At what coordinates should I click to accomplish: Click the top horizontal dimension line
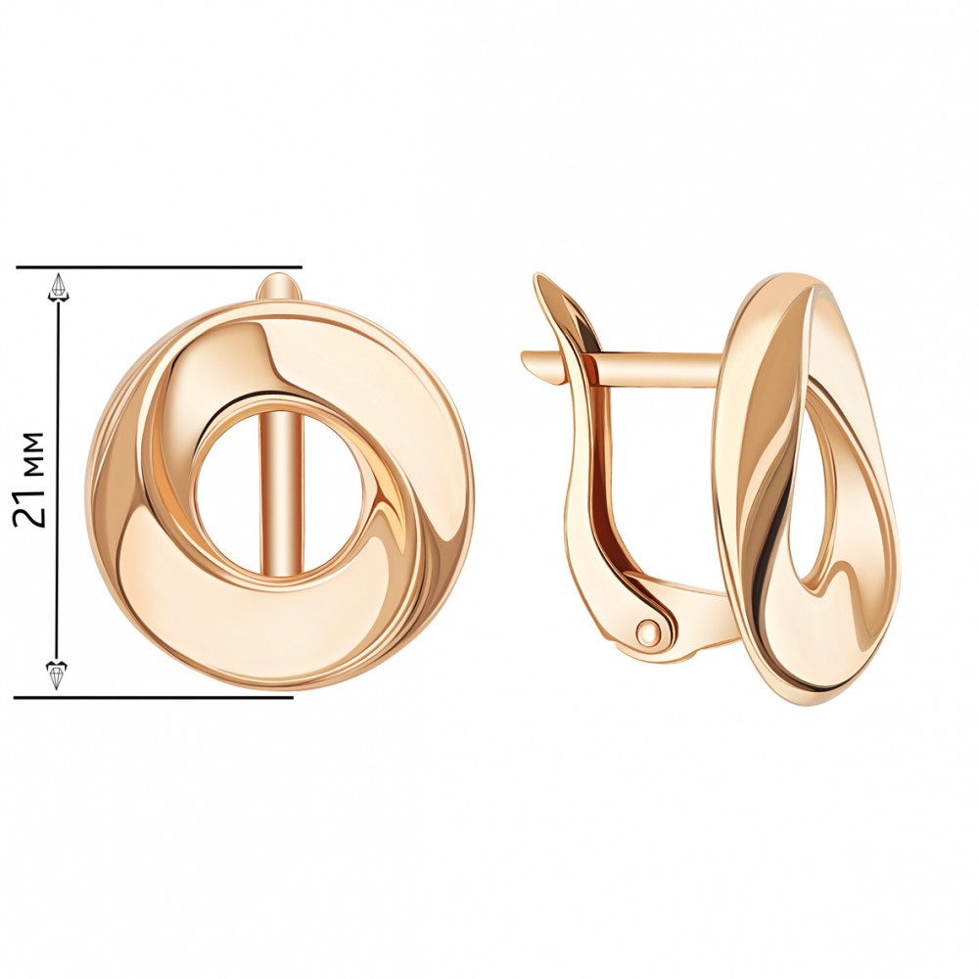click(x=160, y=267)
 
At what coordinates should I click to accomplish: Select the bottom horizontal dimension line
click(x=154, y=696)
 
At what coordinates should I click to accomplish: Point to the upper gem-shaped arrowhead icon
click(x=59, y=288)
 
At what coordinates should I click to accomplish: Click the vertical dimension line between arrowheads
click(x=58, y=481)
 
